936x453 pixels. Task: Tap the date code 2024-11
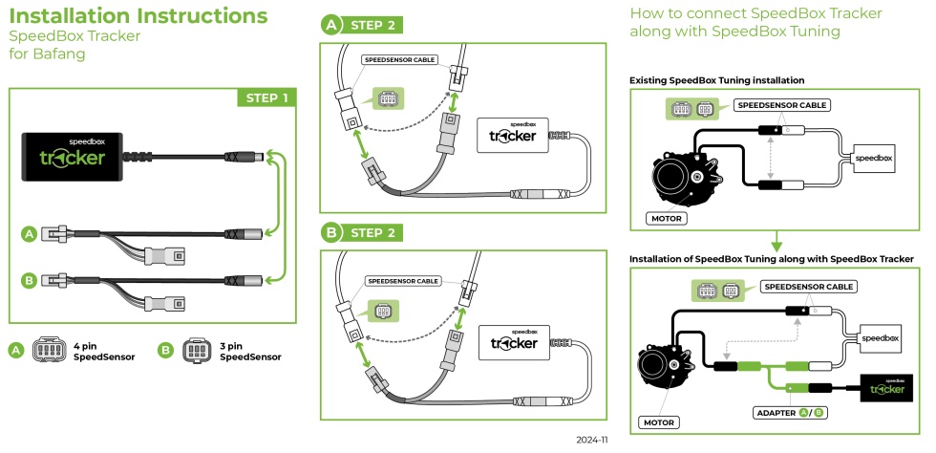tap(592, 441)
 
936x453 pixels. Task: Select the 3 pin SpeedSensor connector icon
tap(196, 351)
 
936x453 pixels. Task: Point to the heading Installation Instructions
tap(138, 16)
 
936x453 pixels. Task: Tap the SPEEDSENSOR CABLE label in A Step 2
tap(399, 59)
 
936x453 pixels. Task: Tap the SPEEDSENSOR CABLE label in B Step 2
tap(403, 282)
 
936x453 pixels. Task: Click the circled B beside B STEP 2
tap(330, 232)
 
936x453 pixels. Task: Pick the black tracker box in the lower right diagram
tap(887, 387)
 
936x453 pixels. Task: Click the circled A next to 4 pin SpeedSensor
tap(15, 351)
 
